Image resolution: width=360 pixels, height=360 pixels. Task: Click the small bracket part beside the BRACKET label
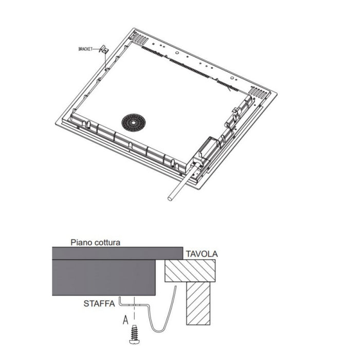tap(103, 49)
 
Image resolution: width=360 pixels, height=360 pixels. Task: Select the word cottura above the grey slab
tap(106, 242)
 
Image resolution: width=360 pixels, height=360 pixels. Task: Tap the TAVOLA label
tap(202, 254)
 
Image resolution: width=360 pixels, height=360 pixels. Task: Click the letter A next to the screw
tap(125, 320)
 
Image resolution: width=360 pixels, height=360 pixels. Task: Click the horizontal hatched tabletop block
tap(189, 270)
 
